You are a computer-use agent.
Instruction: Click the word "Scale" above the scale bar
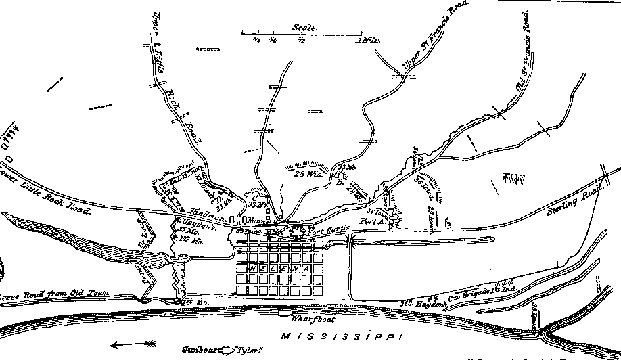click(301, 28)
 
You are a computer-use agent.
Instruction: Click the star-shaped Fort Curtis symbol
click(298, 233)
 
